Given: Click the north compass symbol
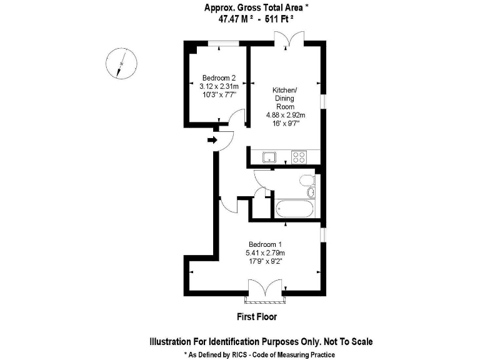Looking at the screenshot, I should click(x=120, y=63).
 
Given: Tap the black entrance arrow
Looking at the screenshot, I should click(x=211, y=139).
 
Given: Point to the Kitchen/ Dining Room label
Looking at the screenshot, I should click(x=286, y=99).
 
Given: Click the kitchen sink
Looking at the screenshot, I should click(x=270, y=157).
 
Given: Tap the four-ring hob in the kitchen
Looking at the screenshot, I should click(x=298, y=157).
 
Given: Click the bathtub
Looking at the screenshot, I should click(x=293, y=209).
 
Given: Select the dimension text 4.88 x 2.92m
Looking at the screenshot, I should click(x=286, y=115).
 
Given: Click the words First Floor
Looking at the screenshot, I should click(x=256, y=317).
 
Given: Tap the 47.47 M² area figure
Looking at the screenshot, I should click(x=232, y=19).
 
